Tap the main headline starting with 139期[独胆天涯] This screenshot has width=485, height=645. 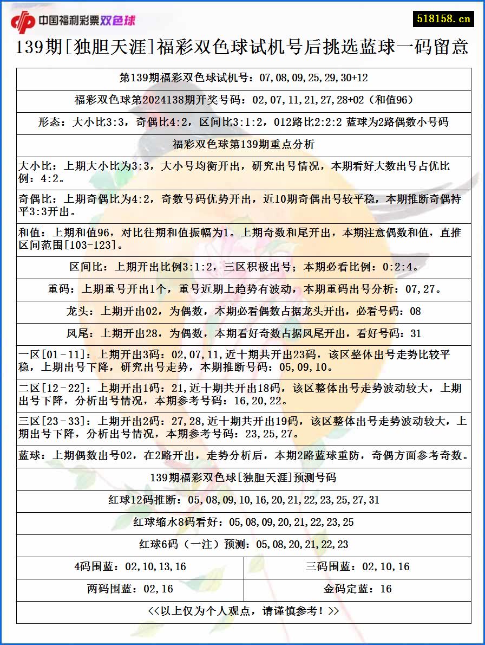point(243,48)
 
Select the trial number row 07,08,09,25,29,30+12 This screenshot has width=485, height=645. point(244,78)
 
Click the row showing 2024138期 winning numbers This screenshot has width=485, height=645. point(244,100)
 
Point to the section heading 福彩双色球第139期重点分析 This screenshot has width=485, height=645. point(244,145)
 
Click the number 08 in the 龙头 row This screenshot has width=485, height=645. point(415,312)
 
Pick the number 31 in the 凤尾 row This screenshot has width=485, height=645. point(415,334)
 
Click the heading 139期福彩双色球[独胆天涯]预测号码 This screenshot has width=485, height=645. point(244,478)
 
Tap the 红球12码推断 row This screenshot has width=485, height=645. point(244,500)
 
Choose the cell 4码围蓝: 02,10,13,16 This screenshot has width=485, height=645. point(130,567)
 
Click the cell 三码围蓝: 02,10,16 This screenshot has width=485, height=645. point(357,567)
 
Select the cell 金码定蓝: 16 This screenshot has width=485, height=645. point(357,589)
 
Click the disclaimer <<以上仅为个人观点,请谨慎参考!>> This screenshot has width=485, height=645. point(244,611)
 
